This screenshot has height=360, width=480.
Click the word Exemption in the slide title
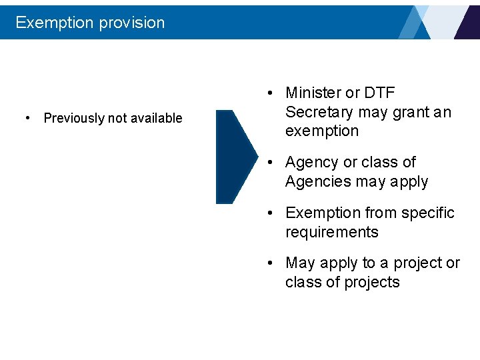[x=54, y=23]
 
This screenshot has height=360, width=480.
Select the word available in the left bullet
[x=156, y=118]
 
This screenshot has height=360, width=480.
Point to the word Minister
[x=313, y=93]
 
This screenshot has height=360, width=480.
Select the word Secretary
[x=319, y=112]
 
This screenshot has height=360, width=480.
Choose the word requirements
[x=331, y=232]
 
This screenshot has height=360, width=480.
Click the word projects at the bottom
[x=372, y=282]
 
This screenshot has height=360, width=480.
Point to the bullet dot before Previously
[x=27, y=118]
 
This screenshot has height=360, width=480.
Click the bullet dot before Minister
[x=269, y=93]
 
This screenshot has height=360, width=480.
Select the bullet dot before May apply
[x=269, y=263]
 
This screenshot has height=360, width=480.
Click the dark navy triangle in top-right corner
[x=469, y=23]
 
